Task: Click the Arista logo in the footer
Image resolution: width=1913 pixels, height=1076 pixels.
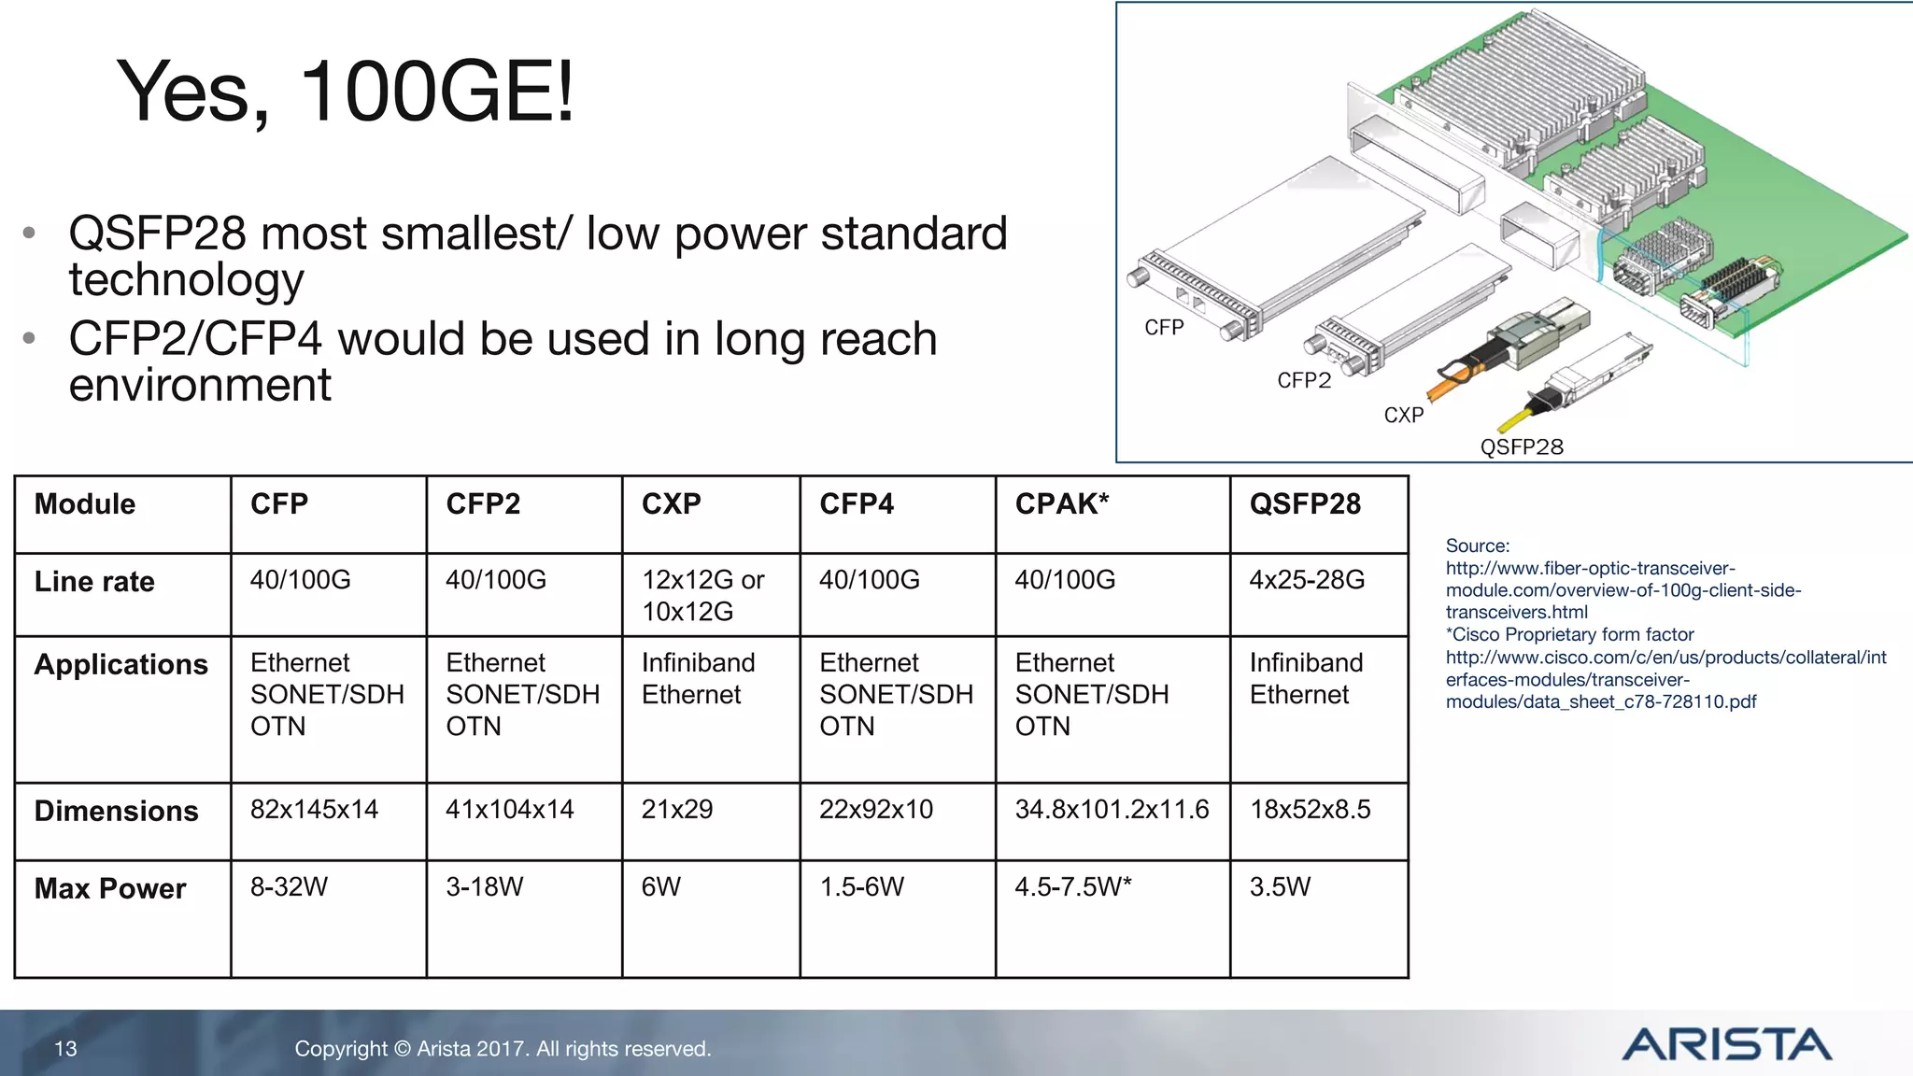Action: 1726,1044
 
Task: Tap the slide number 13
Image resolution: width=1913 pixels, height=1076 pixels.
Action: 65,1049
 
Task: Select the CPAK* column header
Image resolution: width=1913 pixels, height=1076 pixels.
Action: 1061,504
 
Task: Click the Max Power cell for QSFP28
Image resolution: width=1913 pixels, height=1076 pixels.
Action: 1280,886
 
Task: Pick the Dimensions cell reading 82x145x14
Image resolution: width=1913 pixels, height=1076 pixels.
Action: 314,810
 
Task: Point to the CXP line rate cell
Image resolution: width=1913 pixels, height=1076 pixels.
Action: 702,595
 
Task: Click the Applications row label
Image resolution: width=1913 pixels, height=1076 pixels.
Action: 120,664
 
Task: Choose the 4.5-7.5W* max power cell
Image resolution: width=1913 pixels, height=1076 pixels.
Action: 1072,886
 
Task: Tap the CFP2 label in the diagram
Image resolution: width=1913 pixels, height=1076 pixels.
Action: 1303,380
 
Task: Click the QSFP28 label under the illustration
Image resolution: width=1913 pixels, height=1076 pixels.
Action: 1521,446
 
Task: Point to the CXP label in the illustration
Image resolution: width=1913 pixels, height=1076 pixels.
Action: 1403,415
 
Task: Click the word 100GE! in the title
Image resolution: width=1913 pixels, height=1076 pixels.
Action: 436,91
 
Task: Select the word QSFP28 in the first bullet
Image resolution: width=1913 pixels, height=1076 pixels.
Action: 158,234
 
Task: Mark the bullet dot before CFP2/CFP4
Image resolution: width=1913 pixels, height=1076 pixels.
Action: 30,338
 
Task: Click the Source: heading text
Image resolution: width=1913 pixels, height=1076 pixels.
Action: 1477,545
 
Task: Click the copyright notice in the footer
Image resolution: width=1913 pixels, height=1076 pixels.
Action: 503,1049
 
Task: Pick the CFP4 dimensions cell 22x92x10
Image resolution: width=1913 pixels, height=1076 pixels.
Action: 875,810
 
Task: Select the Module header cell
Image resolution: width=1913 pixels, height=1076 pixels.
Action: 85,504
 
